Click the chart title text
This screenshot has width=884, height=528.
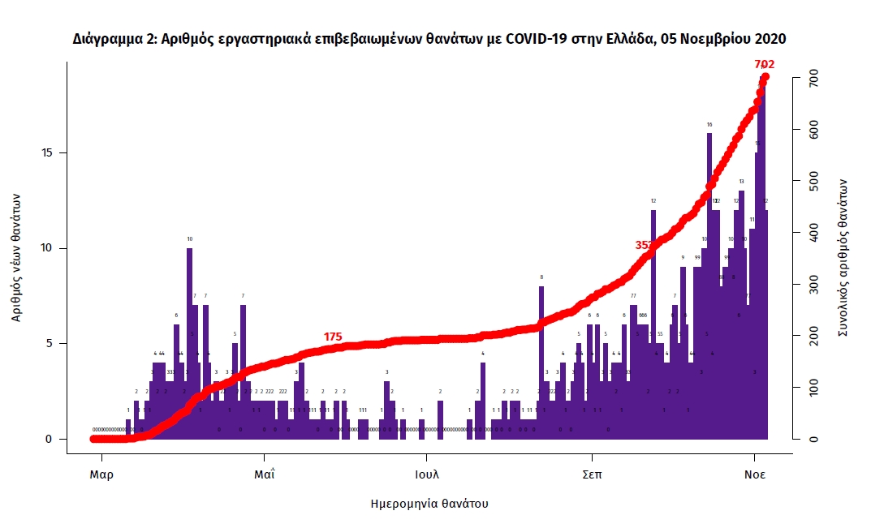[429, 39]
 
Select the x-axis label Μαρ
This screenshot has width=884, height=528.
[101, 474]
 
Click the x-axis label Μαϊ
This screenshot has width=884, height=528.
[264, 474]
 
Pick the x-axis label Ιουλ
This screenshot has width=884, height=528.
[427, 474]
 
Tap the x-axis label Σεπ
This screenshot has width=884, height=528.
[592, 474]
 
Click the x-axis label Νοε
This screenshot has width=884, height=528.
[755, 474]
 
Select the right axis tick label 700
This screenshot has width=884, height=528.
[809, 79]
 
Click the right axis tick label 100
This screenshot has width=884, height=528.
[809, 388]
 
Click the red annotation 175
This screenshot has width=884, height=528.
[333, 337]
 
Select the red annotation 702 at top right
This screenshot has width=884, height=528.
[764, 64]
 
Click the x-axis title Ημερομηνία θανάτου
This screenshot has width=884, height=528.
[429, 504]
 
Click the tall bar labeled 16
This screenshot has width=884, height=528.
[709, 284]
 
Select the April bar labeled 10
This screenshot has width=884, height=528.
[189, 341]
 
